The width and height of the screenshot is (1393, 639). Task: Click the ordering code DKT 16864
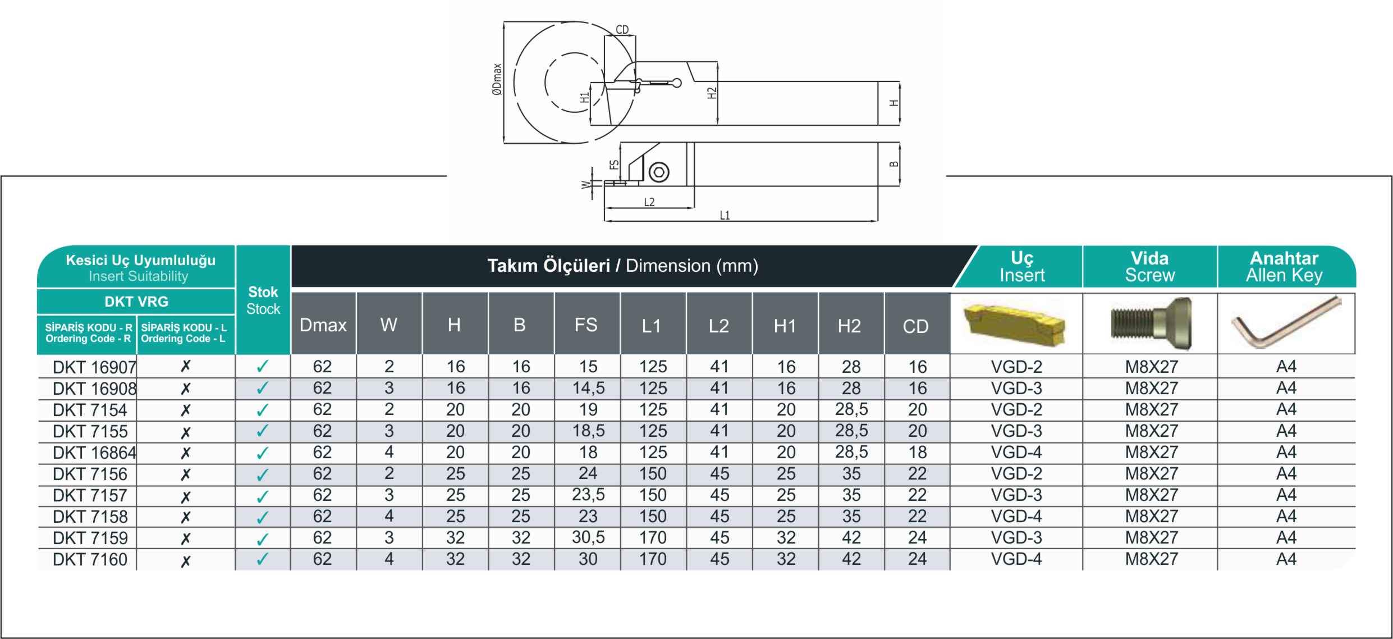[x=94, y=453]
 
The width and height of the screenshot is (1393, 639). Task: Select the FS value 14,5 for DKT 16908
[x=588, y=388]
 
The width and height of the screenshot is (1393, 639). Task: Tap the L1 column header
[x=652, y=326]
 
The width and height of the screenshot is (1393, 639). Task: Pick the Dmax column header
[x=323, y=325]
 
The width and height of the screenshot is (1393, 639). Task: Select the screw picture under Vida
[x=1151, y=323]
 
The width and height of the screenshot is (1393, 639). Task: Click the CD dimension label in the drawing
[x=622, y=30]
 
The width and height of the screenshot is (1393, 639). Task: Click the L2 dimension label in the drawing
[x=649, y=202]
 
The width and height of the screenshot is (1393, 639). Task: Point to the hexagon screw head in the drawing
[x=658, y=172]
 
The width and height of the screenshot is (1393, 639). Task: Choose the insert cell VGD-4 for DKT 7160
[x=1016, y=559]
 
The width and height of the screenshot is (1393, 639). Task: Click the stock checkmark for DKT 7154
[x=262, y=410]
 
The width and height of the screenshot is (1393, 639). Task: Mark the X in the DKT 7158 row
[x=186, y=517]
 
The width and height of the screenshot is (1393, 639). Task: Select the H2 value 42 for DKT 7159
[x=851, y=538]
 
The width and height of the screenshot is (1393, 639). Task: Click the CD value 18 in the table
[x=917, y=453]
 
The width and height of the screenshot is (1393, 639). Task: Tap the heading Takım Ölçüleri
[x=548, y=266]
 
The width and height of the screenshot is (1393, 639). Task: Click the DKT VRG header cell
[x=136, y=302]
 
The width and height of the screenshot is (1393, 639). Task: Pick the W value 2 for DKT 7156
[x=389, y=474]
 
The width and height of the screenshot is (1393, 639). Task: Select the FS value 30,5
[x=588, y=537]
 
